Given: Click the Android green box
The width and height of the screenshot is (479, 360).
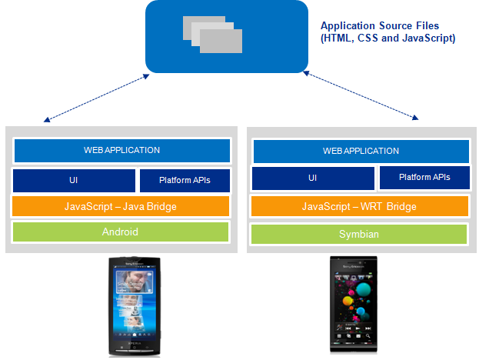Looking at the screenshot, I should pos(121,232).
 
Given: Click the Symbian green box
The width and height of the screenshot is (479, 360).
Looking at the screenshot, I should pos(360,233).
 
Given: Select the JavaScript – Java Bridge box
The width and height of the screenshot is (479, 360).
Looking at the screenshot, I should pos(121,206).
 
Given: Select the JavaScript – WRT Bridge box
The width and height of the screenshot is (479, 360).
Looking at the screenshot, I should pos(360,207).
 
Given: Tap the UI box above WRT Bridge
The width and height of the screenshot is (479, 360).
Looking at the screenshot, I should pos(313,178).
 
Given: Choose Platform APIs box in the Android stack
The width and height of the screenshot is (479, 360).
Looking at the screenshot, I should pos(185,181).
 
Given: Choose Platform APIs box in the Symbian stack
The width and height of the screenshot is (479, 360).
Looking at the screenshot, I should pos(424,178).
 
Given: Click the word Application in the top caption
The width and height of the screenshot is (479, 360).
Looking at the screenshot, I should pos(347,26).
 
